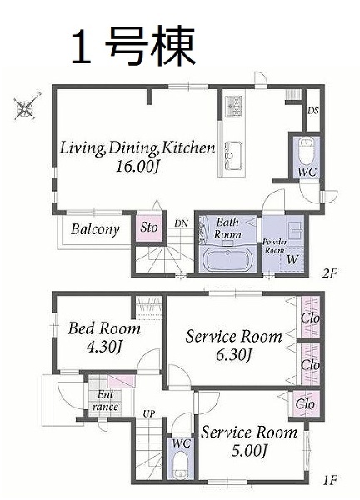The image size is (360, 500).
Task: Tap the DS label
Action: [312, 111]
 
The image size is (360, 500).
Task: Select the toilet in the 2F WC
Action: [307, 151]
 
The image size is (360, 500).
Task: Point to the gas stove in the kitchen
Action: [233, 106]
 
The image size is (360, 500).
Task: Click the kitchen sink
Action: [233, 156]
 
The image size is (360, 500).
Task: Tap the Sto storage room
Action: [149, 227]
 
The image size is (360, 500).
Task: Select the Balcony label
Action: [95, 229]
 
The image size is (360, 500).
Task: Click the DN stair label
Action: [181, 223]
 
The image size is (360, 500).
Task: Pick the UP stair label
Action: [149, 414]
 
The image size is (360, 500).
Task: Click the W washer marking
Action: [292, 259]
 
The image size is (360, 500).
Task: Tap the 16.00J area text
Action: [137, 166]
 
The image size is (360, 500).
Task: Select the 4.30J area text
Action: [104, 347]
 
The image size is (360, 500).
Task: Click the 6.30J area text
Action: [234, 355]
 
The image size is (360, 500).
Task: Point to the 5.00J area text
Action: [248, 451]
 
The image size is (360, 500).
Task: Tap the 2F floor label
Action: [330, 273]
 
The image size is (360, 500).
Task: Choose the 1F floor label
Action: [329, 479]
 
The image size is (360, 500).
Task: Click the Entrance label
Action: [105, 401]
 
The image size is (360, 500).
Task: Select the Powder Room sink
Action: [295, 229]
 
